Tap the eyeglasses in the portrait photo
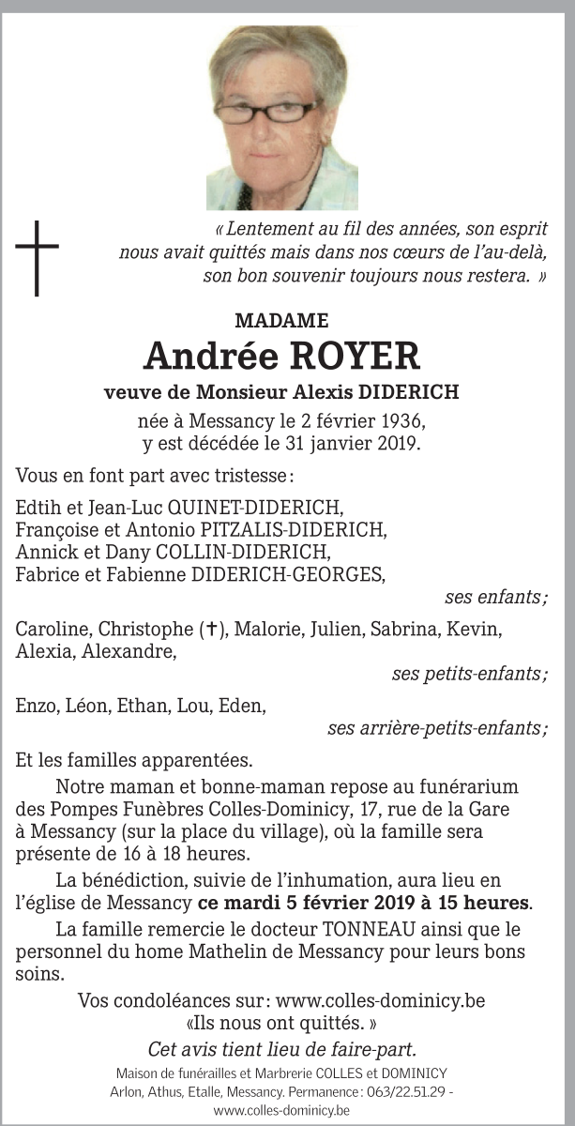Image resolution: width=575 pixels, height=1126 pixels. tap(269, 113)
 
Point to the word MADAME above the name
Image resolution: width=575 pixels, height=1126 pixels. tap(281, 321)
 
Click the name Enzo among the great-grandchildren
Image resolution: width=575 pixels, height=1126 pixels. tap(35, 706)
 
